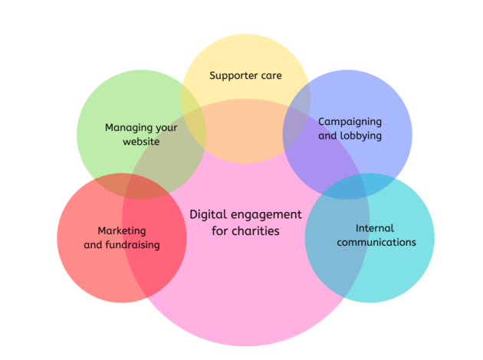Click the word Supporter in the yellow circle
tap(235, 76)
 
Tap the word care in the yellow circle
tap(271, 76)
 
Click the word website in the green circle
tap(141, 142)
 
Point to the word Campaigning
tap(350, 122)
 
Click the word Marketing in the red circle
tap(121, 231)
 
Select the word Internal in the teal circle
tap(374, 228)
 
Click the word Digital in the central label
tap(206, 214)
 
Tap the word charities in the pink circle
tap(256, 230)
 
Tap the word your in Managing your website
tap(166, 128)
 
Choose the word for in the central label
tap(221, 230)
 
